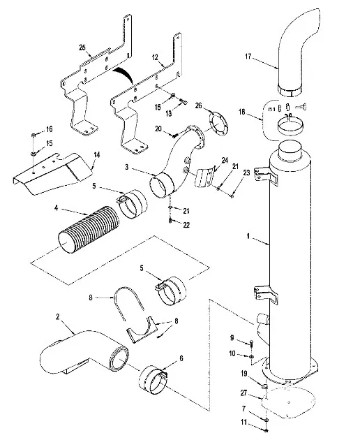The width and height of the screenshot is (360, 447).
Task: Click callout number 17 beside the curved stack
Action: point(248,57)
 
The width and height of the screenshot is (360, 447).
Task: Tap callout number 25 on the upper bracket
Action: point(82,47)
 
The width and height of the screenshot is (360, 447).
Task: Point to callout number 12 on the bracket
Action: point(155,57)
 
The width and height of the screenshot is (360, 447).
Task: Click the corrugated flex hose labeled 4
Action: point(89,230)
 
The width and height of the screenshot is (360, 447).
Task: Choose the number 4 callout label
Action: point(56,208)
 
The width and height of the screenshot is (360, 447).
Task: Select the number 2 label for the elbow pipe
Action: point(58,316)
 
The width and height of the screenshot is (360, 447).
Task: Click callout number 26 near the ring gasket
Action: point(198,105)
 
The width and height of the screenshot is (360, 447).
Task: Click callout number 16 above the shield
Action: point(50,129)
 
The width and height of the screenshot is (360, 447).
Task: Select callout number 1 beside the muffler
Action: point(248,236)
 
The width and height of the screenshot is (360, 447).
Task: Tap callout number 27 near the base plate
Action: point(243,393)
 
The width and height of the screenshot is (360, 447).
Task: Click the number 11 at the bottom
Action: point(243,422)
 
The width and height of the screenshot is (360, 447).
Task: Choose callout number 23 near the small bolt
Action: point(247,173)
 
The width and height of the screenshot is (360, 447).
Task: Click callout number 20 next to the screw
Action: point(158,129)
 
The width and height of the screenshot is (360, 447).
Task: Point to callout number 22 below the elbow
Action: point(186,225)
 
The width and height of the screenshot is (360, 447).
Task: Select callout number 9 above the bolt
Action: point(232,338)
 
